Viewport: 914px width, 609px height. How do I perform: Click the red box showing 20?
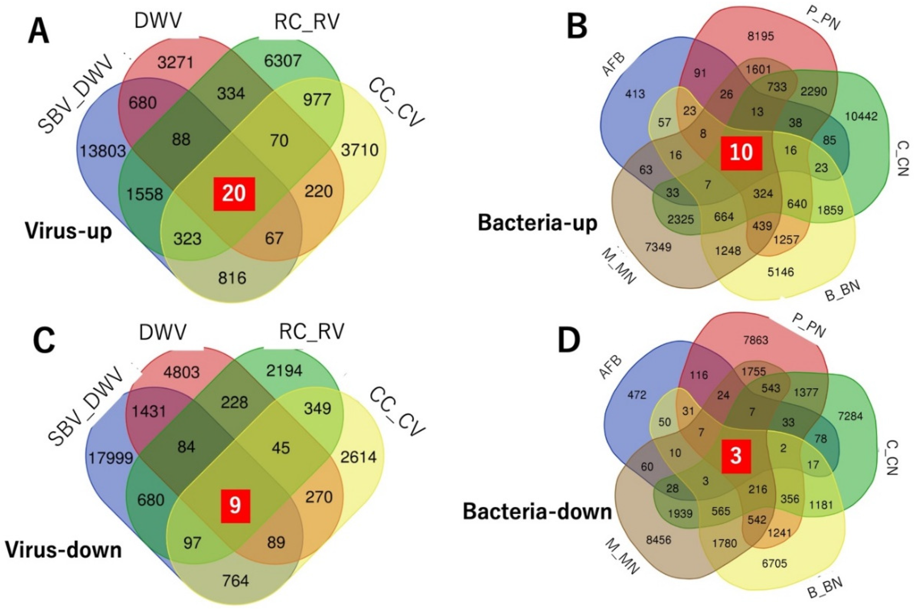point(234,194)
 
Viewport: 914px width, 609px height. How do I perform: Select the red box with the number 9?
point(235,506)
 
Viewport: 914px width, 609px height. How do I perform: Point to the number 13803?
point(103,151)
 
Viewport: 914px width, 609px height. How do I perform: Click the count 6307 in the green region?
point(283,60)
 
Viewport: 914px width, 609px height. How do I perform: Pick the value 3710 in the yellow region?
point(360,150)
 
